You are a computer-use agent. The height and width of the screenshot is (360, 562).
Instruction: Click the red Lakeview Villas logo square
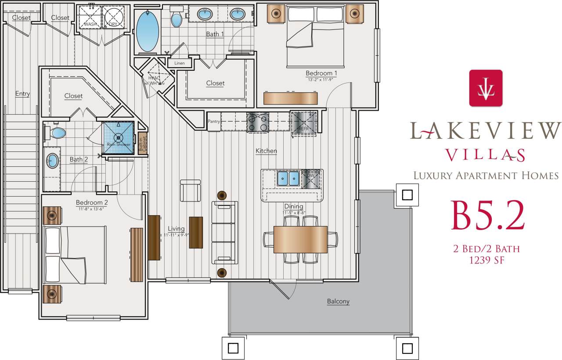[486, 88]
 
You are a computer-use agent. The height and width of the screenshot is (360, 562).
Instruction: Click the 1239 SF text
[486, 260]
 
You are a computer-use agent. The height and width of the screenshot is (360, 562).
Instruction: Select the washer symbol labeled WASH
[90, 16]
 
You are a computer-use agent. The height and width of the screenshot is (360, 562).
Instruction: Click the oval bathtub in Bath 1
[148, 32]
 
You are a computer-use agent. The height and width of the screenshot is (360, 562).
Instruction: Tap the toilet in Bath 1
[177, 18]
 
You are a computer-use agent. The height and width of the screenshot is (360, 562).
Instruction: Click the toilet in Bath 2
[56, 132]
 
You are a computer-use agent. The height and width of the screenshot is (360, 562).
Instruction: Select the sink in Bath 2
[53, 161]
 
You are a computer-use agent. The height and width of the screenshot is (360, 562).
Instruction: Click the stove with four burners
[258, 122]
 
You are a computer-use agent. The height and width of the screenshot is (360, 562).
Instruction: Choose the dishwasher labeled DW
[311, 178]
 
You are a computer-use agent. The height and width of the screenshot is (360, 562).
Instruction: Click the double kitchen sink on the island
[288, 178]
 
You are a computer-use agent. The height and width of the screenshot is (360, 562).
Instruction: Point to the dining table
[300, 239]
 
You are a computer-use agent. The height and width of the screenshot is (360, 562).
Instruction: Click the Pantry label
[214, 122]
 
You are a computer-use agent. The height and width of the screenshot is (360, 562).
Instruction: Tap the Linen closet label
[180, 63]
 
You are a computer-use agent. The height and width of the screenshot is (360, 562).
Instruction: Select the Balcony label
[338, 302]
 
